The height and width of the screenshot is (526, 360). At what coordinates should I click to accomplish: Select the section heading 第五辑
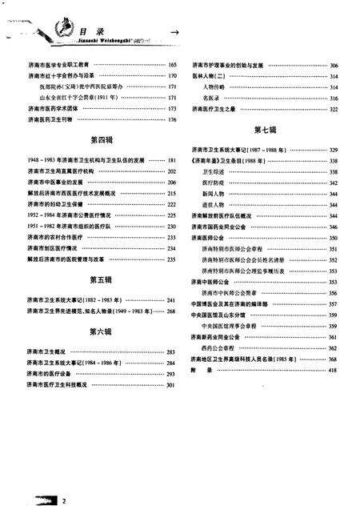(x=102, y=279)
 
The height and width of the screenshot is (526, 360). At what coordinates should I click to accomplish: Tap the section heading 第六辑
(x=102, y=331)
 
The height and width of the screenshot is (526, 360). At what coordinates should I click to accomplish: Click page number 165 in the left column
(x=172, y=64)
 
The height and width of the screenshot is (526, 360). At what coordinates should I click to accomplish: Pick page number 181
(x=172, y=161)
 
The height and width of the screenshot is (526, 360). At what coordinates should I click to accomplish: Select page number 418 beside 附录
(x=333, y=370)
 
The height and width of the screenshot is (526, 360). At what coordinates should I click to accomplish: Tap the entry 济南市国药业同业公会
(x=226, y=227)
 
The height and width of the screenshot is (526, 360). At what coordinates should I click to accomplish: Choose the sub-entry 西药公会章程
(x=220, y=348)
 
